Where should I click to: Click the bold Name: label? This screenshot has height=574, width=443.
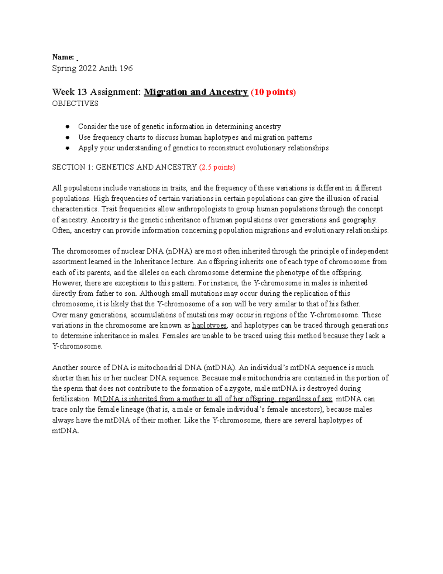tap(63, 57)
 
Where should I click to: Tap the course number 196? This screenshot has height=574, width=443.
tap(126, 68)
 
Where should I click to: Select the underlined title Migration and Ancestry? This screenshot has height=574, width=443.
tap(195, 92)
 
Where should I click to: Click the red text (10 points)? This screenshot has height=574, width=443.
tap(273, 92)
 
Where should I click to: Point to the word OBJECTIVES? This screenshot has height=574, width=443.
tap(75, 103)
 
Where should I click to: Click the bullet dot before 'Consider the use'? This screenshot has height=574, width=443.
tap(68, 127)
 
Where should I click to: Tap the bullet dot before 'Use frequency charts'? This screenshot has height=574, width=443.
tap(68, 137)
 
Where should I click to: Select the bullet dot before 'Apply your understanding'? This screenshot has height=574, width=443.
tap(68, 148)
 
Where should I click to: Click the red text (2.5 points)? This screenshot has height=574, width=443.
tap(217, 167)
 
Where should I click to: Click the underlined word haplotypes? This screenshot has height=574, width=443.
tap(210, 326)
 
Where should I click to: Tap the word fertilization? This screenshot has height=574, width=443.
tap(71, 399)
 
